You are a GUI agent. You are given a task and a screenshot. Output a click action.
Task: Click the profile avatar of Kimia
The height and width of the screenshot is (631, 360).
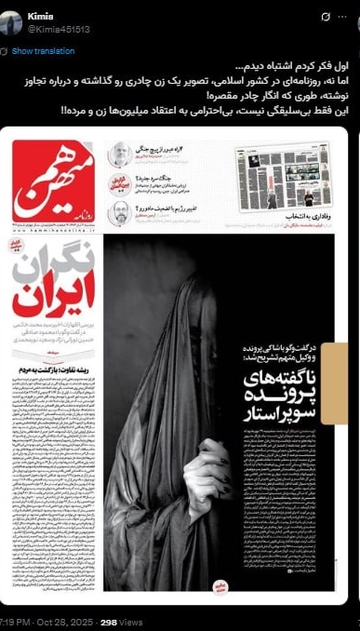(x=11, y=22)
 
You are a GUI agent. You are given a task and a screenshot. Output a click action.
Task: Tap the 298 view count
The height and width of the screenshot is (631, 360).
(x=108, y=622)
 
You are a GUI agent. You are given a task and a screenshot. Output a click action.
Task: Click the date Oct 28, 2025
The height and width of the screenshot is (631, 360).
(x=60, y=622)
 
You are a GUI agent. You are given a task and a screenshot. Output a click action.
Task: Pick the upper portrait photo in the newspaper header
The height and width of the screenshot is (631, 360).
(x=118, y=154)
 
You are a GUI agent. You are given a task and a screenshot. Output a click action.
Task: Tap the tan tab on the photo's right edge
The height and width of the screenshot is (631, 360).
(x=339, y=370)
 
